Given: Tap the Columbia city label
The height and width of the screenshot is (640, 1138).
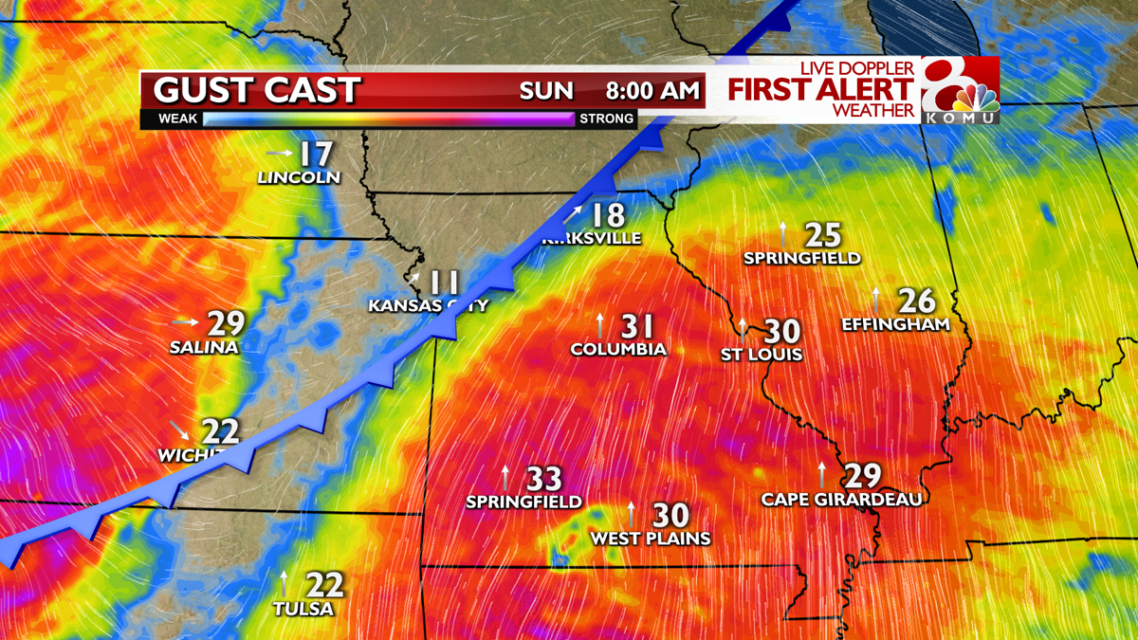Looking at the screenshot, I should (618, 349).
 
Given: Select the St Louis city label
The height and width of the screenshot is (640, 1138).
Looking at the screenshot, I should (761, 355).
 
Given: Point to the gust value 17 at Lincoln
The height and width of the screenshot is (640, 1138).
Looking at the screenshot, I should (317, 155).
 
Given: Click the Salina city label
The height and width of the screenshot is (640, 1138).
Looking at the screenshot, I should (204, 347).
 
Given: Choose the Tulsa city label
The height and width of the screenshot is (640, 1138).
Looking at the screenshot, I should (303, 609).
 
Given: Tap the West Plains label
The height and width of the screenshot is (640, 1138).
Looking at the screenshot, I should (651, 539).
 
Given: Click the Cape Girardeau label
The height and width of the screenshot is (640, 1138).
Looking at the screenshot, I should (841, 499).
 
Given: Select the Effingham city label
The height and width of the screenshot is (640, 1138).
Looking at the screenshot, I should (895, 324).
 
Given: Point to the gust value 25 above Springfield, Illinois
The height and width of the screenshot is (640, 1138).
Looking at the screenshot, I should (823, 234).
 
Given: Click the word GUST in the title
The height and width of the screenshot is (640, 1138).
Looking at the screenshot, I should (195, 91).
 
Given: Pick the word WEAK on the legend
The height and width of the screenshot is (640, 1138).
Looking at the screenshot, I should (177, 119).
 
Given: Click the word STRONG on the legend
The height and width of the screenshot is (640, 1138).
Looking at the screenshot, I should (606, 119).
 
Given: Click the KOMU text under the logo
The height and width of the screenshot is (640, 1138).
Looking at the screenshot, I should (961, 118).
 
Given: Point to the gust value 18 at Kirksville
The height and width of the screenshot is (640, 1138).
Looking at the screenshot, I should (608, 215).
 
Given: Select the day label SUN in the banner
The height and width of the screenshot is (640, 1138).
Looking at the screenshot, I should (546, 91).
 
